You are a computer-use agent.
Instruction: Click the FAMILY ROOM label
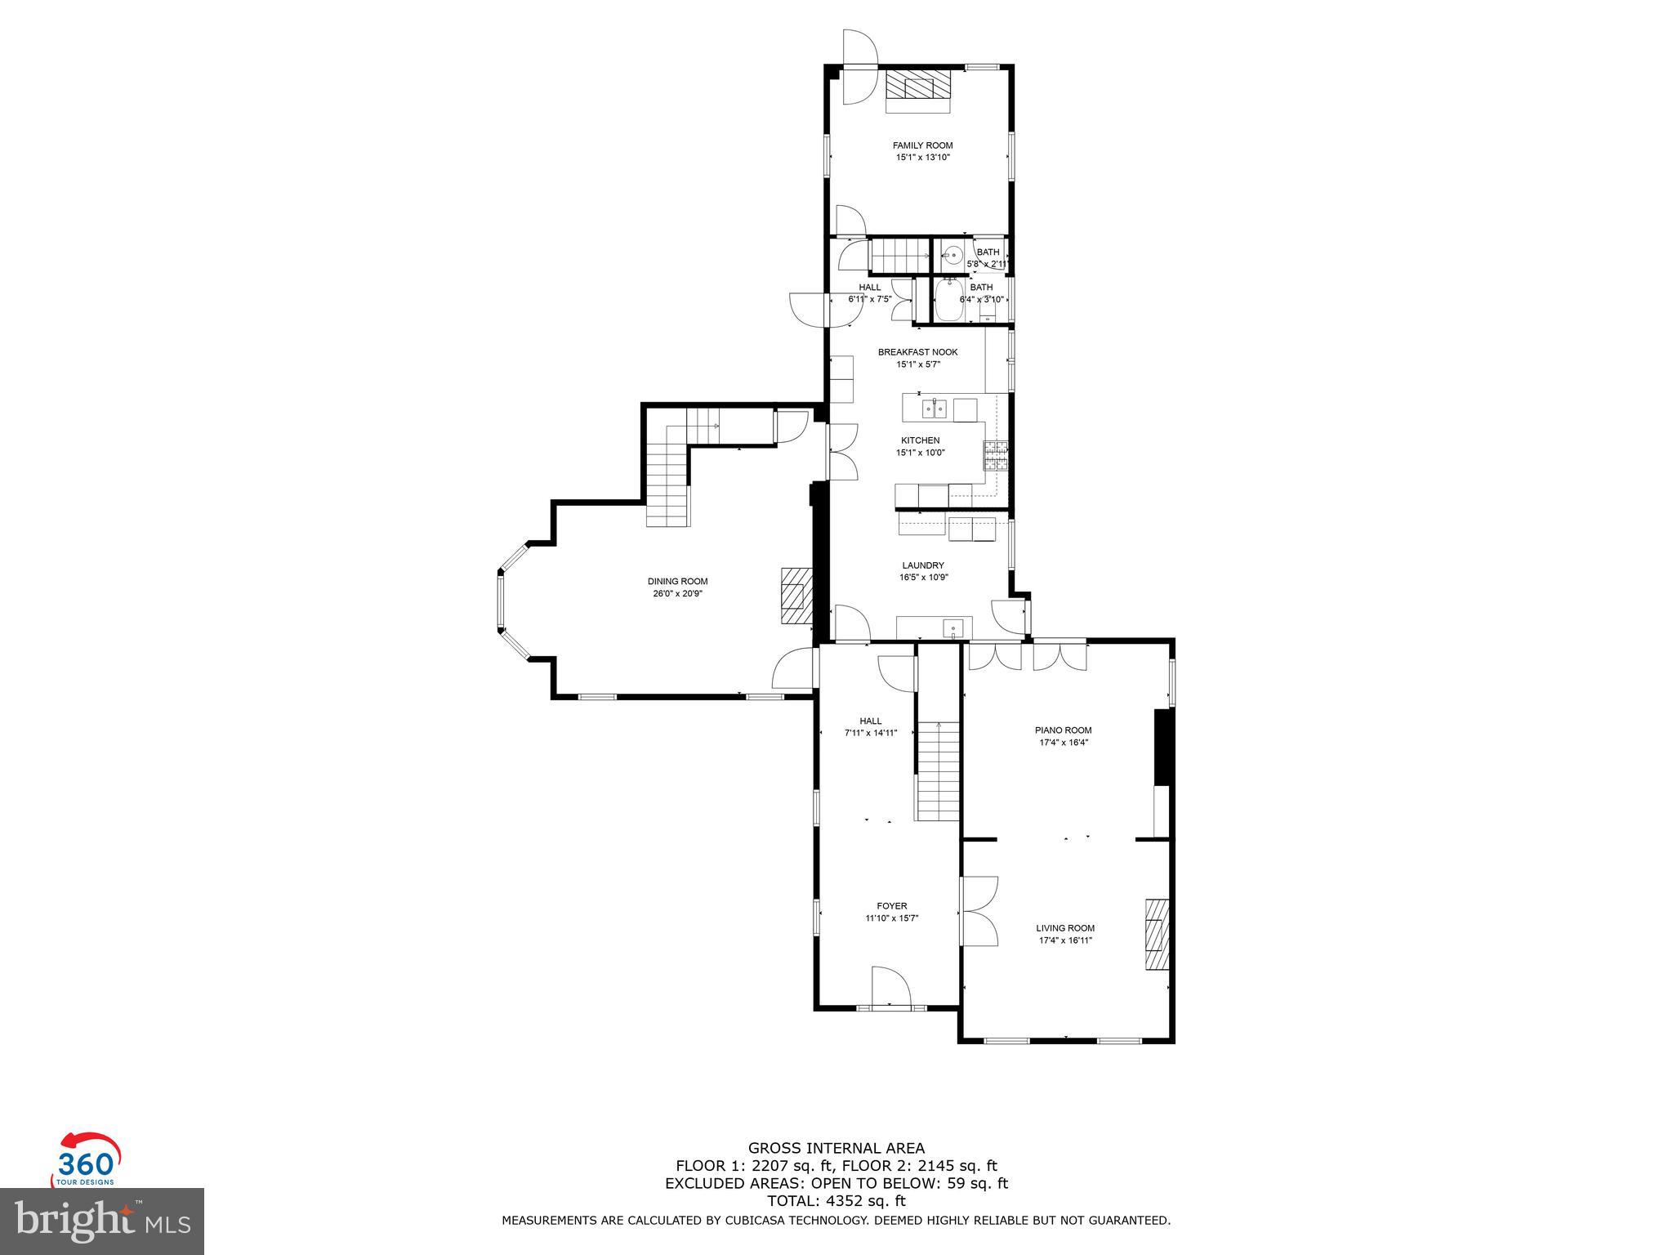point(922,145)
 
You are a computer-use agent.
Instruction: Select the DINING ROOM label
point(677,582)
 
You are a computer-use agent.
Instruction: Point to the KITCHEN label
point(920,440)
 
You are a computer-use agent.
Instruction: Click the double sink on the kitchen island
point(934,407)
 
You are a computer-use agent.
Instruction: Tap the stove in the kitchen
point(996,455)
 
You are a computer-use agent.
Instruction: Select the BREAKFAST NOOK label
point(917,352)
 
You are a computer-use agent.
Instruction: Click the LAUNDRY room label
point(923,565)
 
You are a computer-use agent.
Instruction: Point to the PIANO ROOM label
point(1064,730)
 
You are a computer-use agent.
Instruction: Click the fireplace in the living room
point(1157,934)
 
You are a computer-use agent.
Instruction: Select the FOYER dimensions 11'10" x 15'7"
point(892,918)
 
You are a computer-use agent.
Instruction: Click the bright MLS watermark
point(102,1221)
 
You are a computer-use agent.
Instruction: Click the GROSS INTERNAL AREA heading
point(836,1148)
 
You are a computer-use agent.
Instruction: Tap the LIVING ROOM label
point(1065,928)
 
